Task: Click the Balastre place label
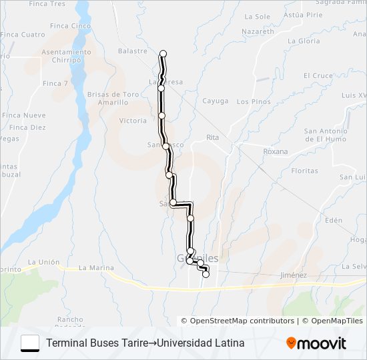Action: coord(132,51)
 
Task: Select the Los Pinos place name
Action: coord(254,102)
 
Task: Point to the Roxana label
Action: coord(276,151)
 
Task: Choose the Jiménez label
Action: coord(294,275)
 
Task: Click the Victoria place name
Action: coord(132,121)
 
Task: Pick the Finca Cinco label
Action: coord(71,26)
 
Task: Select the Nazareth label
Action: coord(258,31)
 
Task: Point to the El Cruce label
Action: coord(318,76)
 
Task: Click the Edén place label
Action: coord(333,220)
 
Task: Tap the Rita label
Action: coord(213,137)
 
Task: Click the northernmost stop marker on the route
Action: coord(163,53)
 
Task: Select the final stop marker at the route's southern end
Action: coord(206,274)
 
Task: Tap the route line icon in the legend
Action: coord(30,343)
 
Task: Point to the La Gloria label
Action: coord(304,41)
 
